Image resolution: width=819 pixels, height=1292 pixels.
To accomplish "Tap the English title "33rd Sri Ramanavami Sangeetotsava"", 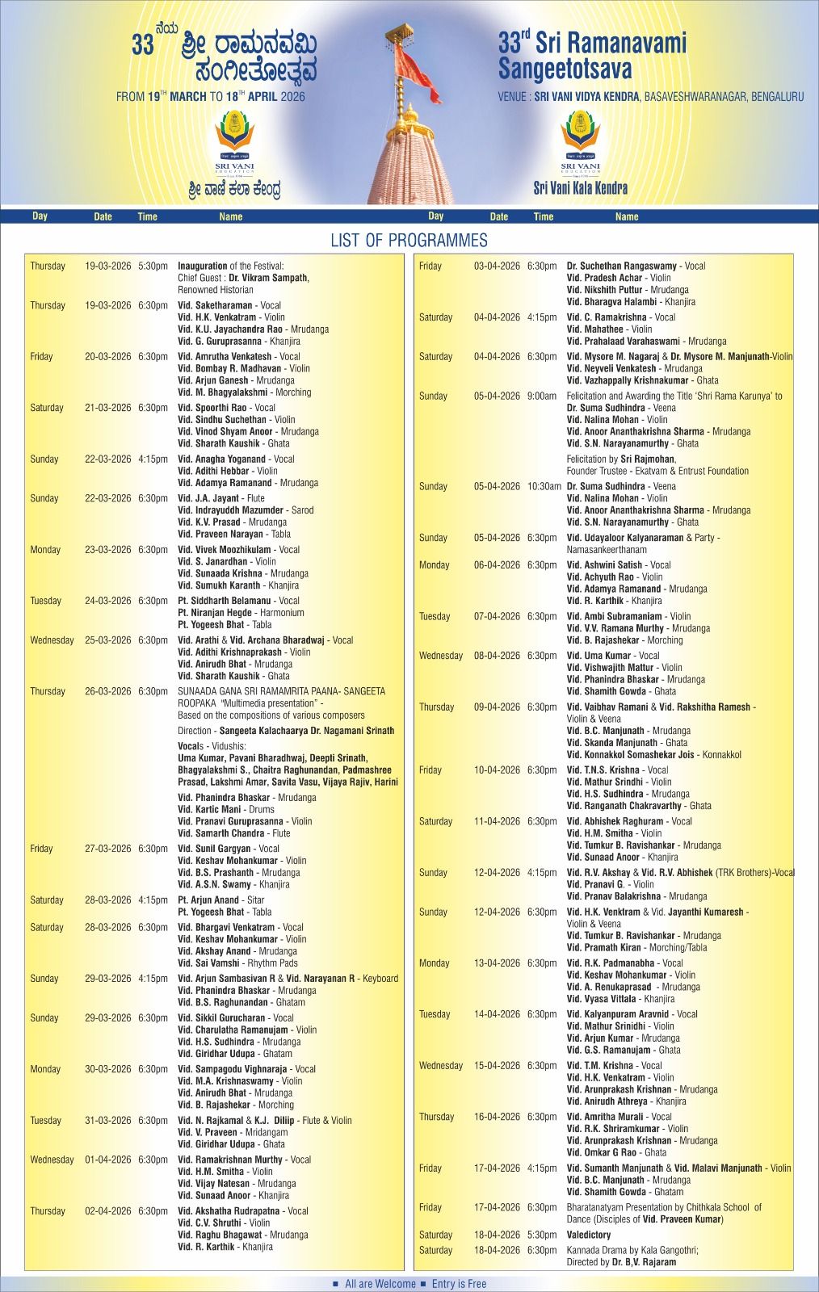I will pos(591,55).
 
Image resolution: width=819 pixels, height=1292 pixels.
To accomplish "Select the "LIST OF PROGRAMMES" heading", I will pos(409,241).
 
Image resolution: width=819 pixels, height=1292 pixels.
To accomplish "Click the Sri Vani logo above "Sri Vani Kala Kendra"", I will pos(580,142).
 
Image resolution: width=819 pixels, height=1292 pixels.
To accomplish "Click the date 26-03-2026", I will pos(107,691).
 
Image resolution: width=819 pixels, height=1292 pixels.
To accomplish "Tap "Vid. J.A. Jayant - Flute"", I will pos(220,498).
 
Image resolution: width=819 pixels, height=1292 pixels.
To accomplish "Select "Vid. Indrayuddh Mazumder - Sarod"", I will pos(246,510).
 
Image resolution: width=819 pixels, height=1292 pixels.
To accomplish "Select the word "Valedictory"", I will pos(588,1235).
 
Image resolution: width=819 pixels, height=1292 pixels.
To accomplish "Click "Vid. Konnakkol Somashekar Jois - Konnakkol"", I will pos(653,755).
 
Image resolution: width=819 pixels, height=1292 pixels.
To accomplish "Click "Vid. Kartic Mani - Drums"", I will pos(225,809).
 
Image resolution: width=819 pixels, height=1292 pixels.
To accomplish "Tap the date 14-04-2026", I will pos(497,1014).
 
